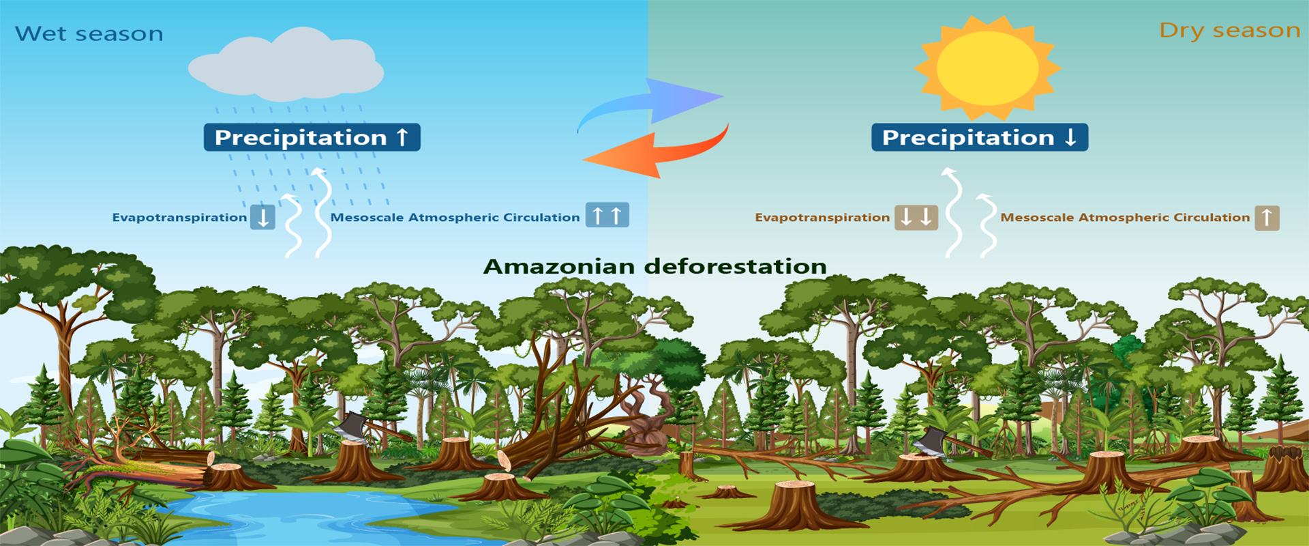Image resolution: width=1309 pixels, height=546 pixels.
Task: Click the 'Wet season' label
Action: [x=89, y=33]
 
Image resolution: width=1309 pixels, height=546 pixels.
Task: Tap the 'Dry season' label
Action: [x=1230, y=31]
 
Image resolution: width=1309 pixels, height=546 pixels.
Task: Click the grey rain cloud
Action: [x=286, y=63]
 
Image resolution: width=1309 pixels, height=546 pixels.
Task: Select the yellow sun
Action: [x=987, y=68]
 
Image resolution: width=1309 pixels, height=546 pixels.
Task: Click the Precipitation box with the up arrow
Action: [x=312, y=137]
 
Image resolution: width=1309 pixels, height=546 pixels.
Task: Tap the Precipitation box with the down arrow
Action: [x=980, y=137]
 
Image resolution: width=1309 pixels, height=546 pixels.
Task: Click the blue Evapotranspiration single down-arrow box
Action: [x=262, y=217]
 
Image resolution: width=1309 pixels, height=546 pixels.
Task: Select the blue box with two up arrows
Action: [x=607, y=216]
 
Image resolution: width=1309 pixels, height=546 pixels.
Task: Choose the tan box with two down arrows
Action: [x=916, y=217]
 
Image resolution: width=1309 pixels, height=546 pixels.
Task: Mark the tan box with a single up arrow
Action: [x=1267, y=218]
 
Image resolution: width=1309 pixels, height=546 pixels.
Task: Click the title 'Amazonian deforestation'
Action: [x=655, y=266]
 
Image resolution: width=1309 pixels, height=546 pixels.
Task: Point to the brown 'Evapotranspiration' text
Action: [x=822, y=218]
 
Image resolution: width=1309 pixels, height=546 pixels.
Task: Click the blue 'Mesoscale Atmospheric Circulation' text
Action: [x=455, y=218]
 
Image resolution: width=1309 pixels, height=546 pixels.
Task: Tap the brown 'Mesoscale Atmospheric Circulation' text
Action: [x=1125, y=218]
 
